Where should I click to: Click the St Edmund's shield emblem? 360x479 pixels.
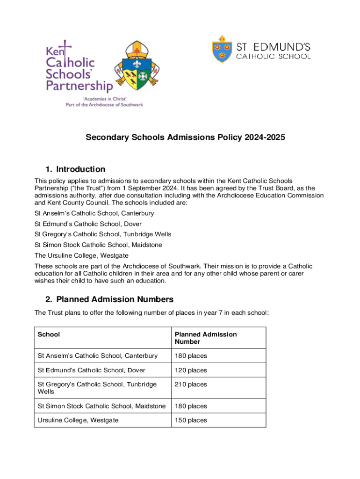(222, 49)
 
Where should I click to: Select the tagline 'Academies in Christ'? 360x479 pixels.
(104, 99)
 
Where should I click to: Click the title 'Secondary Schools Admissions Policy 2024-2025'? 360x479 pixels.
(185, 138)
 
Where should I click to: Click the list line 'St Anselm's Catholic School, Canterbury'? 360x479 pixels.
(94, 213)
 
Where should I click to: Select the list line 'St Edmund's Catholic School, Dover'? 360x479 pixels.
(88, 224)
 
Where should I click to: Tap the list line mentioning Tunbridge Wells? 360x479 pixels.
(103, 234)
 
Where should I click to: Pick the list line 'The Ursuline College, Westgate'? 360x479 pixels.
(81, 255)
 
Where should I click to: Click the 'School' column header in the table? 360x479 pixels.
(49, 334)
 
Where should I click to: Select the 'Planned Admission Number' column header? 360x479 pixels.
(206, 338)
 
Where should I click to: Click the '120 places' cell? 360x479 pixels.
(191, 370)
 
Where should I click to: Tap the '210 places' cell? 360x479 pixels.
(191, 385)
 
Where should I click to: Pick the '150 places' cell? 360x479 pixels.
(191, 421)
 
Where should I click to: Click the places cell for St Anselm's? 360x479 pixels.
(191, 356)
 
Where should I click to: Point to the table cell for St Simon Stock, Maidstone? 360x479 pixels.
(101, 406)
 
